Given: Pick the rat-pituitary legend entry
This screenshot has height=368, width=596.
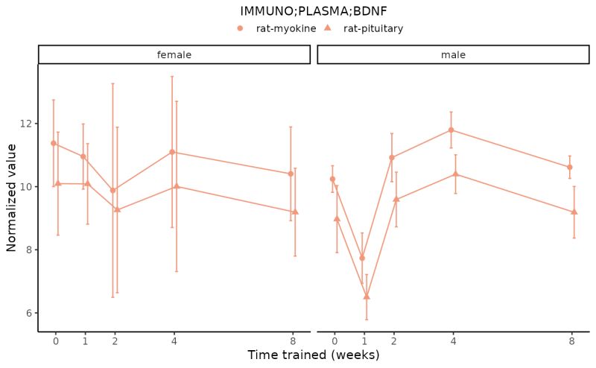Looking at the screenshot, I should (x=372, y=28).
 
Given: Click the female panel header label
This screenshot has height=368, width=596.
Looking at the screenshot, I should (x=174, y=54).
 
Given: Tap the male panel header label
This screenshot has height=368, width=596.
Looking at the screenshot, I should (x=453, y=54).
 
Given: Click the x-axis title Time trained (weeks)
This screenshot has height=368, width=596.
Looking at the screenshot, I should (x=314, y=355).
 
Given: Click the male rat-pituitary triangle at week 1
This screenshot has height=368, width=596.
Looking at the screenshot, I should (x=367, y=296).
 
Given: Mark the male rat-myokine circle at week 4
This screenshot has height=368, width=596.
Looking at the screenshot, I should (x=451, y=130).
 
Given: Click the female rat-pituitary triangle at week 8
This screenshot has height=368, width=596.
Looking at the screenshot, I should (x=295, y=212).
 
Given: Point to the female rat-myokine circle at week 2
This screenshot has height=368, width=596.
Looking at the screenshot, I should (x=112, y=190).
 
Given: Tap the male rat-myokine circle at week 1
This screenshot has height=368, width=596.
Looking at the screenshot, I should (x=362, y=258).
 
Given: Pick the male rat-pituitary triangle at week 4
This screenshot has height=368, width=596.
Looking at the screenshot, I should (x=455, y=174).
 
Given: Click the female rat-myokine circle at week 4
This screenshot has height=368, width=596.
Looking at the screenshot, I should (x=172, y=152).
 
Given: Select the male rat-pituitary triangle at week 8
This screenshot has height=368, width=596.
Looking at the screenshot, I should (x=574, y=212).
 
